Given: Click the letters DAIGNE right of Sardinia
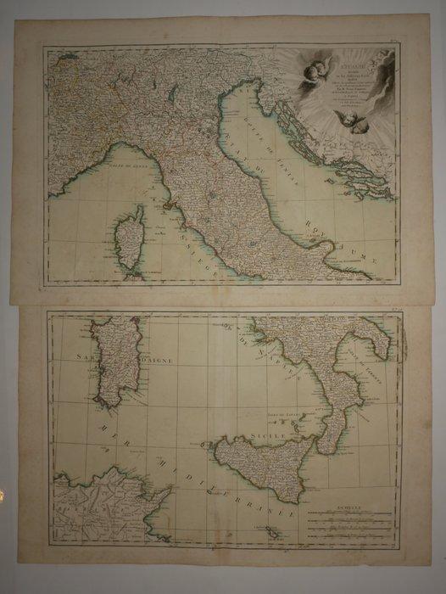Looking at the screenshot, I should pos(149,360).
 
